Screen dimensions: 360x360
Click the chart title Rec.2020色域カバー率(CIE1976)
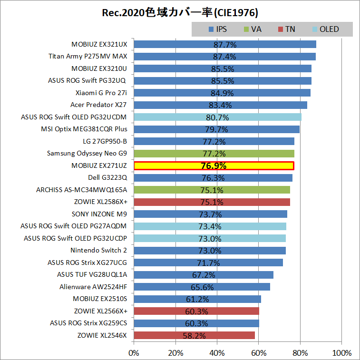coord(180,12)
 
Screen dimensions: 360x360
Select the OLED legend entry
coord(329,29)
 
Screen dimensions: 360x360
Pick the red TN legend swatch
coord(280,29)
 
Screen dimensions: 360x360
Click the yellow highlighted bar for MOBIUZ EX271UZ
coord(214,166)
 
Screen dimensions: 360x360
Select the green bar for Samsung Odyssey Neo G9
coord(214,154)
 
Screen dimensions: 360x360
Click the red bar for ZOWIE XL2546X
coord(195,335)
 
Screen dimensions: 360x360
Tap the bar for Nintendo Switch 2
coord(210,251)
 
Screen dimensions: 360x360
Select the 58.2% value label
coord(195,336)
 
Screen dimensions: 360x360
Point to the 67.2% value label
coord(204,275)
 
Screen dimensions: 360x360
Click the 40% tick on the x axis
coord(217,353)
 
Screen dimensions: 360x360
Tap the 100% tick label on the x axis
coord(341,353)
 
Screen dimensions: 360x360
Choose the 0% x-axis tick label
coord(134,353)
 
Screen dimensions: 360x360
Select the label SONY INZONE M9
coord(99,214)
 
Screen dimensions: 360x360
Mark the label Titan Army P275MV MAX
coord(88,57)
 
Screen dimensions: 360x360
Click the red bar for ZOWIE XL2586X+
coord(212,202)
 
